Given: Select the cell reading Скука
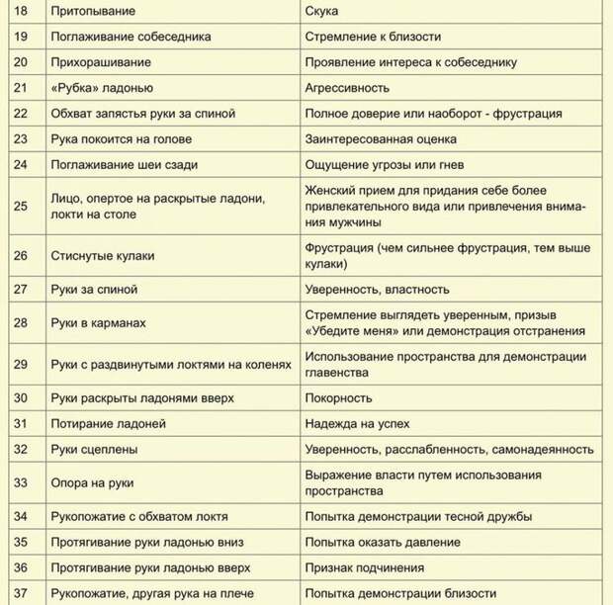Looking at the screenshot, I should (322, 11).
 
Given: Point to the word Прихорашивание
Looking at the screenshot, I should (101, 62).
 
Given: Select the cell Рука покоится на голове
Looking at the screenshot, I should (122, 138).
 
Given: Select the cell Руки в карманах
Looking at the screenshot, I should (99, 323).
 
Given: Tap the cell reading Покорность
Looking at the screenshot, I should (338, 397).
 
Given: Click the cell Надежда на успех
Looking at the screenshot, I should (352, 423).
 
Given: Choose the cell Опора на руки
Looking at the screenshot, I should (93, 482).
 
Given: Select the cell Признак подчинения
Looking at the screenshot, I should (365, 567).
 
